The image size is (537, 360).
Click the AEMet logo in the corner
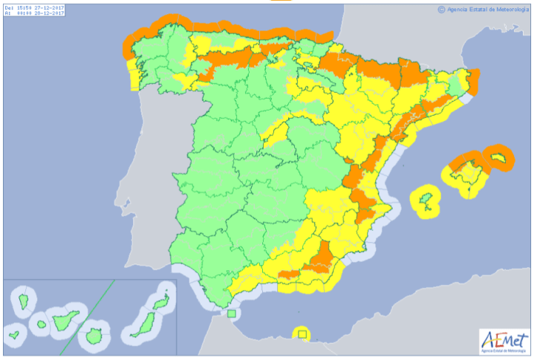(x=503, y=341)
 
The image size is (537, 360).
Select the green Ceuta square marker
(x=232, y=314)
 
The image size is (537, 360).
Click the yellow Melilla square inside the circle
(x=302, y=335)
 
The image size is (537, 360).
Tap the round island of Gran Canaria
(x=94, y=336)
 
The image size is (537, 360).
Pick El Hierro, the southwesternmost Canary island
(x=13, y=333)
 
